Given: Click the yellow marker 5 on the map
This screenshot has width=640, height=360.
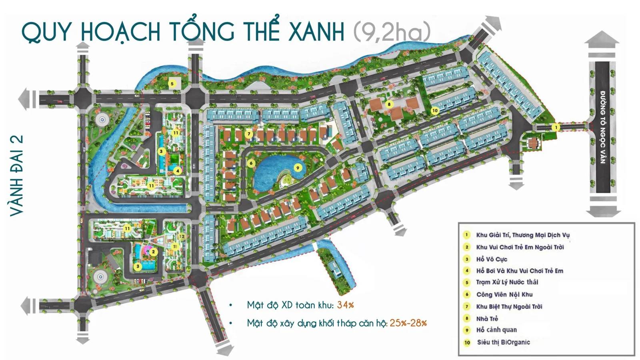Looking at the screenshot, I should pyautogui.click(x=172, y=84).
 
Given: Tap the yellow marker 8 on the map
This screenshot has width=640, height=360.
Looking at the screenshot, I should pyautogui.click(x=389, y=104).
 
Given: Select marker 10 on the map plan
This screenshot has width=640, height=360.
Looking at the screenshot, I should pyautogui.click(x=435, y=110).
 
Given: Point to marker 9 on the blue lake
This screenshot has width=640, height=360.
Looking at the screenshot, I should pyautogui.click(x=298, y=168).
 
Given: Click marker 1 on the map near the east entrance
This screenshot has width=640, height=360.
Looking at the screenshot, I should pyautogui.click(x=555, y=127).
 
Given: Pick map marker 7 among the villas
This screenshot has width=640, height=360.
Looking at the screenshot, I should pyautogui.click(x=249, y=134).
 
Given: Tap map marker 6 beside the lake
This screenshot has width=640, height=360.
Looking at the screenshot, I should pyautogui.click(x=251, y=163).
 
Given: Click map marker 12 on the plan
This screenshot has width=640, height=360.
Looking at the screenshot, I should pyautogui.click(x=182, y=236).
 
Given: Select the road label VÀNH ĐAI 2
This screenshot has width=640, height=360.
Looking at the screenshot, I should pyautogui.click(x=17, y=176).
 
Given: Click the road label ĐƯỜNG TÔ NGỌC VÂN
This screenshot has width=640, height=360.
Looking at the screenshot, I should pyautogui.click(x=602, y=127).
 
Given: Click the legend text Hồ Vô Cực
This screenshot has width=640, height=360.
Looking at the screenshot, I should pyautogui.click(x=491, y=259).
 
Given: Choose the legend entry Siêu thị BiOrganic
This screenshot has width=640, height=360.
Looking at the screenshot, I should pyautogui.click(x=503, y=342).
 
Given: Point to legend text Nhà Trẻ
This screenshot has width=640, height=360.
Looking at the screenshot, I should pyautogui.click(x=487, y=319).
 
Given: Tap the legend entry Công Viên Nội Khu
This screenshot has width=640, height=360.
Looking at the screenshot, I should pyautogui.click(x=504, y=294).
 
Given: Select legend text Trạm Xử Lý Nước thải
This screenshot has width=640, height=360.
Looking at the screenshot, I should pyautogui.click(x=507, y=282).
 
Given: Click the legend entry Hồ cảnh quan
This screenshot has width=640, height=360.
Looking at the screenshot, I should pyautogui.click(x=496, y=330).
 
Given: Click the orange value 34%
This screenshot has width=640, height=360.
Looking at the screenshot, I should pyautogui.click(x=345, y=305).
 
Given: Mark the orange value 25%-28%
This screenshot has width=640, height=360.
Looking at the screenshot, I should pyautogui.click(x=408, y=323).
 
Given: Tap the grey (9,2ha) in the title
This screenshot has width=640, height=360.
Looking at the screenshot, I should pyautogui.click(x=392, y=32).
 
